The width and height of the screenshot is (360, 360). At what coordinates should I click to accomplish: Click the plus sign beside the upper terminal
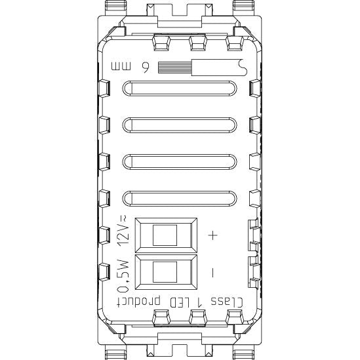coord(213,235)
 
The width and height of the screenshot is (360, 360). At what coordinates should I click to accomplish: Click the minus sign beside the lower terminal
coord(212,273)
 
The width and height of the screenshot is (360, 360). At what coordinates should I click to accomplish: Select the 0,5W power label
coord(123,276)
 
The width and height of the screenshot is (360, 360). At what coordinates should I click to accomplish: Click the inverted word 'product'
coord(138,302)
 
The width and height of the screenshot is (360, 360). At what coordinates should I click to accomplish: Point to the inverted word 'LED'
coord(180,302)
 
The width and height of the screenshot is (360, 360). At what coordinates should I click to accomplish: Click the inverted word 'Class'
coord(227,302)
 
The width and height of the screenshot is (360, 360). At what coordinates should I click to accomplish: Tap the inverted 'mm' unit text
coord(121,66)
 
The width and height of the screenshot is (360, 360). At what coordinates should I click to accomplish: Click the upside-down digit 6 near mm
coord(145,68)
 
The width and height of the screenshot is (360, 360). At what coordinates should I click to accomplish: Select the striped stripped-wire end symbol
coord(174,68)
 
